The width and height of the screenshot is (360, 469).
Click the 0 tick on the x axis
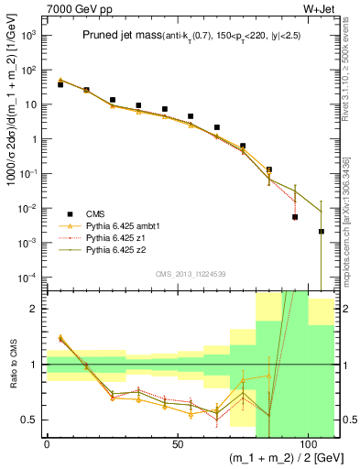click(47, 444)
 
